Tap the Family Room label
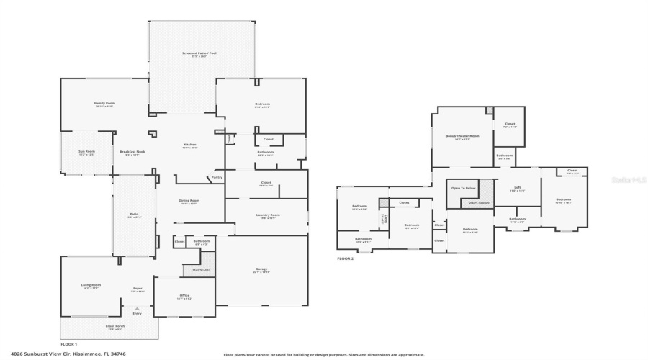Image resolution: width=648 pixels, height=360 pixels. (x=104, y=103)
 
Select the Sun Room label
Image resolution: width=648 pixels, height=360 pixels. (x=86, y=151)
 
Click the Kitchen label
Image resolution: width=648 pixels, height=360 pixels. (x=189, y=145)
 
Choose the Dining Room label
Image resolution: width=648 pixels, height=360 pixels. (x=189, y=200)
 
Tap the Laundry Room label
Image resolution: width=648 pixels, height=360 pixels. (x=267, y=215)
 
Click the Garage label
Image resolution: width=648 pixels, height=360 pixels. (x=261, y=269)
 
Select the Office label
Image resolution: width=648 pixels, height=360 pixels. (x=184, y=295)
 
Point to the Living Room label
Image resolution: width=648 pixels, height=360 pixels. (x=91, y=285)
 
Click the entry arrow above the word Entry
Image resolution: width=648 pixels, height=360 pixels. (x=137, y=308)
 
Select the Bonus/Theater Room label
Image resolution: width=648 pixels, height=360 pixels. (x=458, y=135)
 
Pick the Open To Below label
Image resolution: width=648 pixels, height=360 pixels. (x=463, y=188)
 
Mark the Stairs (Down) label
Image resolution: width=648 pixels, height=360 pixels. (x=475, y=204)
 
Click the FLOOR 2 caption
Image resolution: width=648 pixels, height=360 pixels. (x=346, y=258)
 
